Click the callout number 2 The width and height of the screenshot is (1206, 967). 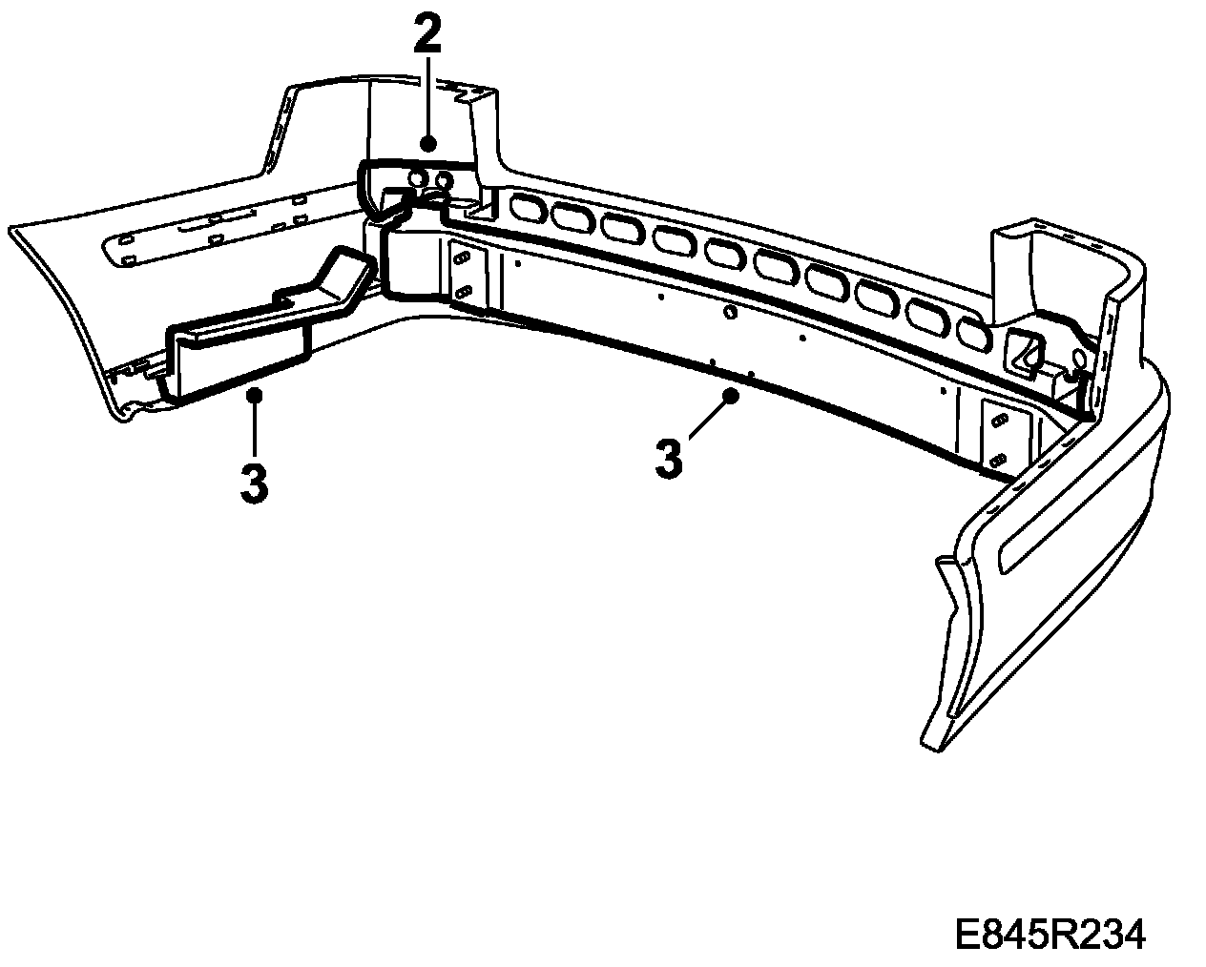[x=427, y=35]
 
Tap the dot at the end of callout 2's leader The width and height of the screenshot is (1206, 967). [x=427, y=143]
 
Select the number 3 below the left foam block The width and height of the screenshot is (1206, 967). [x=254, y=483]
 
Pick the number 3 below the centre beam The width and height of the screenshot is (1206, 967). [x=670, y=459]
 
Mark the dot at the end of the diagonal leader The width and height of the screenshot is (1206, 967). [x=732, y=394]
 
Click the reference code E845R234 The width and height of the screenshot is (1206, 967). [x=1050, y=935]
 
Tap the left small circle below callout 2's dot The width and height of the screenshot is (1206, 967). [x=416, y=177]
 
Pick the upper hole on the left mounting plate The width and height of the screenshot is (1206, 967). [x=464, y=257]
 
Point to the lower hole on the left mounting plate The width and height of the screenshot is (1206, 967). [x=464, y=291]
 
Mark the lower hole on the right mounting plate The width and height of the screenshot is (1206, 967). [x=998, y=458]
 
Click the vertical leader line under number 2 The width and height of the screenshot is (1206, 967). [x=427, y=95]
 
